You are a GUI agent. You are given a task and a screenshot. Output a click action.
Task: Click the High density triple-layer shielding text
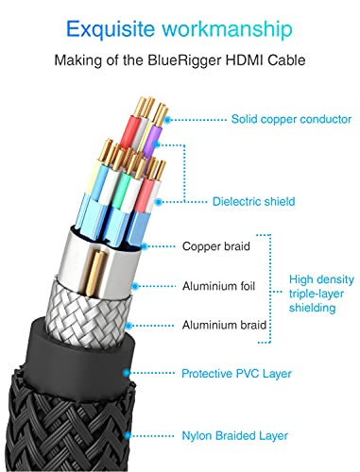(x=322, y=293)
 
